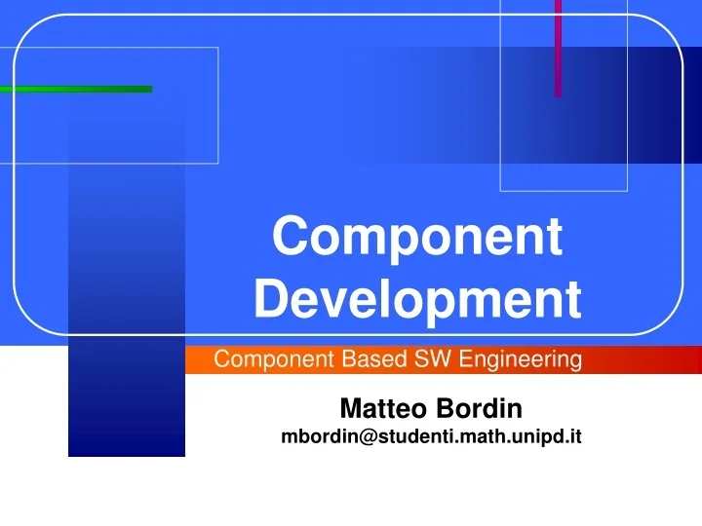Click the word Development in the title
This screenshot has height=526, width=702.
417,300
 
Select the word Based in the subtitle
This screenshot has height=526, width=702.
364,360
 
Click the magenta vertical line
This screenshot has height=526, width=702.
558,49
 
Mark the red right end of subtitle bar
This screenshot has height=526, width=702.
682,360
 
